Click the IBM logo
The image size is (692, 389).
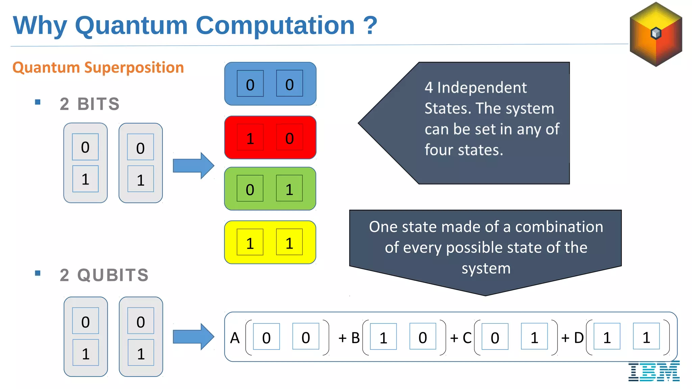(654, 371)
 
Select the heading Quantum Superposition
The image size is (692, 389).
(98, 68)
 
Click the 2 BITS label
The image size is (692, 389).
(90, 104)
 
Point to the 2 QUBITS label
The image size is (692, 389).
(104, 275)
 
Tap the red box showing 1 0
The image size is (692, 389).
(270, 137)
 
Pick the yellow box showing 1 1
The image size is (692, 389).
(270, 242)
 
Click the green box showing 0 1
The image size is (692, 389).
(270, 189)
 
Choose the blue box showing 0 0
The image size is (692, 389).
(270, 84)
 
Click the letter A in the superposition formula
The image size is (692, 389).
(235, 338)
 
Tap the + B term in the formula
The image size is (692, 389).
(349, 338)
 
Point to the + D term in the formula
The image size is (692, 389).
(572, 338)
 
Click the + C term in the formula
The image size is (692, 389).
(461, 338)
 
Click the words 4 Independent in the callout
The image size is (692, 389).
(475, 88)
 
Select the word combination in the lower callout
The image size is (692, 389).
(559, 227)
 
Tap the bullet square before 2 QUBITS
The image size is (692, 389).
(38, 273)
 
